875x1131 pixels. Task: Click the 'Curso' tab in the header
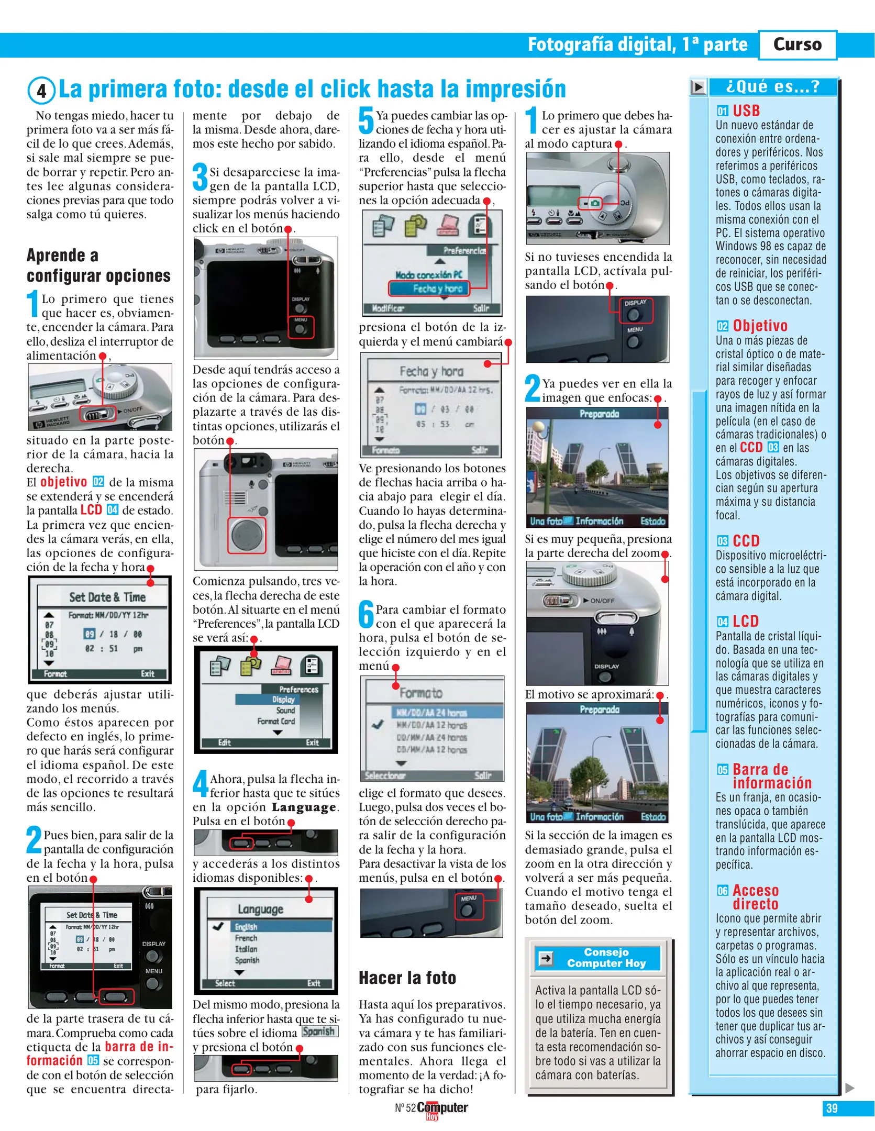click(x=797, y=45)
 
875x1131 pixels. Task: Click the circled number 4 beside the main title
click(x=41, y=91)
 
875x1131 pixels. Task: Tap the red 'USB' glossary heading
click(x=746, y=110)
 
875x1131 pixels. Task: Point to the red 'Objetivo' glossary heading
click(x=759, y=326)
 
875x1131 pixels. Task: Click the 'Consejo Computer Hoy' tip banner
click(x=606, y=958)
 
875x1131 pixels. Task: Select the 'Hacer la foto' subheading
click(x=407, y=978)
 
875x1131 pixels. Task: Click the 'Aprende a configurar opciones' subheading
click(x=98, y=265)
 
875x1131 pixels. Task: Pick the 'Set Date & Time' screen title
click(x=107, y=597)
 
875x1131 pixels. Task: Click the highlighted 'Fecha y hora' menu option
click(x=429, y=288)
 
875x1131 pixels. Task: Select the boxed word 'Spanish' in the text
click(x=319, y=1031)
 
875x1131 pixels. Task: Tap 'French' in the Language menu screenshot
click(x=246, y=938)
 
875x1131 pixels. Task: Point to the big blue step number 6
click(x=366, y=615)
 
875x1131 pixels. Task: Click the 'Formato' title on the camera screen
click(x=420, y=693)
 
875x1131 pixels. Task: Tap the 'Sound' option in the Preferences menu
click(x=285, y=710)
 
